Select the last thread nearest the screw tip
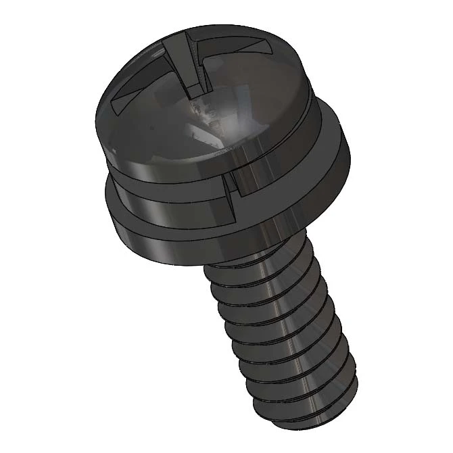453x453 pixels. (x=304, y=392)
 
